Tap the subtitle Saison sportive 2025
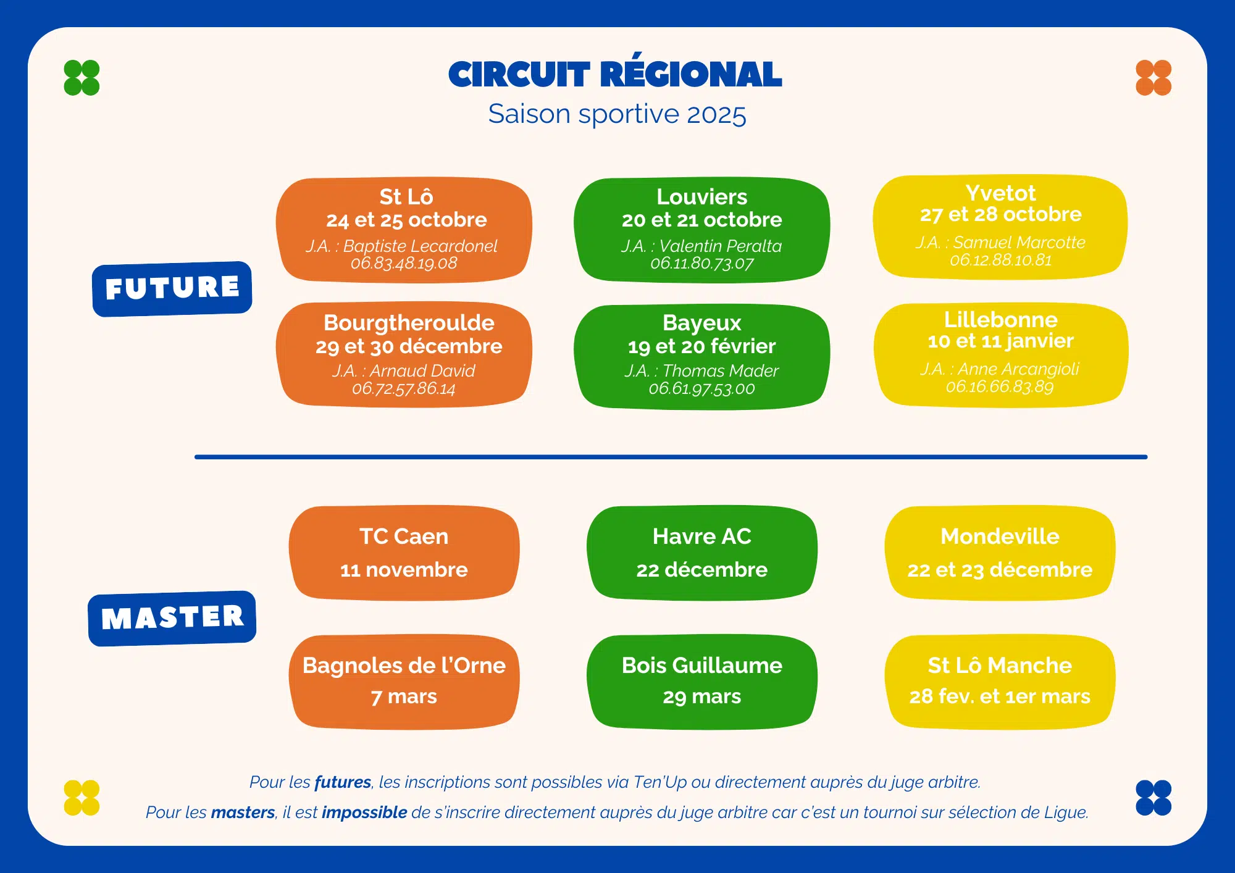[617, 114]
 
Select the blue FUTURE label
[172, 289]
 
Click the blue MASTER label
[172, 618]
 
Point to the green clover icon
[82, 78]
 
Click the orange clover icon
[1153, 78]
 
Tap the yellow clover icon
[82, 798]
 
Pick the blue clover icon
[1153, 798]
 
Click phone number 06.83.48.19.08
[404, 264]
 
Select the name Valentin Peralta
[720, 246]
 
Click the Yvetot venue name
[1000, 193]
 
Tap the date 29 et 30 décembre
[409, 346]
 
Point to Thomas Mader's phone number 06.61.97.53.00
[701, 389]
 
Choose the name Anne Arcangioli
[1018, 369]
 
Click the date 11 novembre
[404, 569]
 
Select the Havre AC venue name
[702, 536]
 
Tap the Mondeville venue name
[1000, 536]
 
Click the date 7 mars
[404, 696]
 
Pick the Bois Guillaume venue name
[702, 665]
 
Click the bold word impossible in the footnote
[364, 812]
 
